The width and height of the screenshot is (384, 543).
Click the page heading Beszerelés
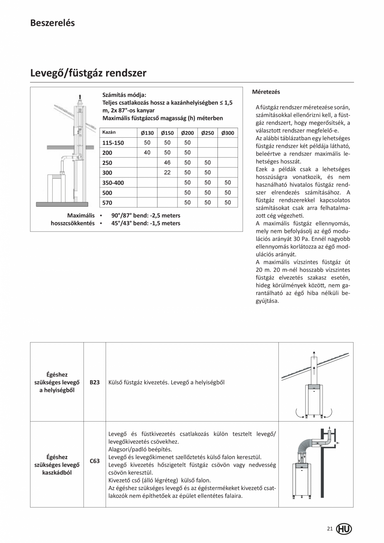click(52, 23)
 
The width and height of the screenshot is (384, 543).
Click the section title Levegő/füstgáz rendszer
click(88, 73)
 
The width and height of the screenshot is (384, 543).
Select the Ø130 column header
click(147, 133)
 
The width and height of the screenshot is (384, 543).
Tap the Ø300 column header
click(227, 133)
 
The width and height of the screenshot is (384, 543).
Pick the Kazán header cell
click(109, 132)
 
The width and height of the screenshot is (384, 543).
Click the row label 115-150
click(113, 143)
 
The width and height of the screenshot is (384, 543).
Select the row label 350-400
click(113, 183)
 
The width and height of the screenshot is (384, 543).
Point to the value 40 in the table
click(147, 152)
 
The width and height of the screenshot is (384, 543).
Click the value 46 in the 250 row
click(167, 163)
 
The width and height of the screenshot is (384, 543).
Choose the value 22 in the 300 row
click(167, 172)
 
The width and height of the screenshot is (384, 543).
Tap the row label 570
click(107, 203)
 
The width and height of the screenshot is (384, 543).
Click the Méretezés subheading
click(266, 92)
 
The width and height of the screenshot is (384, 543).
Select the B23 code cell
click(94, 382)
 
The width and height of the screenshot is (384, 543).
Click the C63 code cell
click(94, 461)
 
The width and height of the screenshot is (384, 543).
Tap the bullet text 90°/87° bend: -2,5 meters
click(146, 216)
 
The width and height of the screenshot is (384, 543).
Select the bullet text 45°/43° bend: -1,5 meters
click(146, 223)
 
